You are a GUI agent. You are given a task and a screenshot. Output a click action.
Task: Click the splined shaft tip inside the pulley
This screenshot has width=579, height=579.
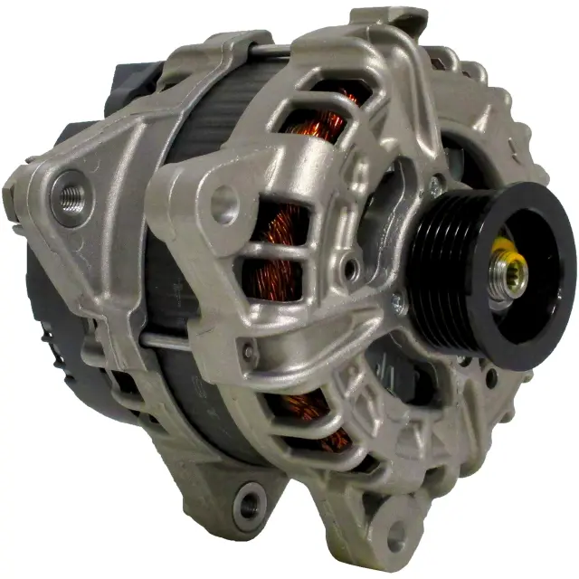pos(513,278)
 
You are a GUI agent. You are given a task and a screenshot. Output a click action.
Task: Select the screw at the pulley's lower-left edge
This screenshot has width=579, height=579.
pos(399,304)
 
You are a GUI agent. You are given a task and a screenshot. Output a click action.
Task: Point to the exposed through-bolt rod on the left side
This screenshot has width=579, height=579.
pos(163,342)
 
